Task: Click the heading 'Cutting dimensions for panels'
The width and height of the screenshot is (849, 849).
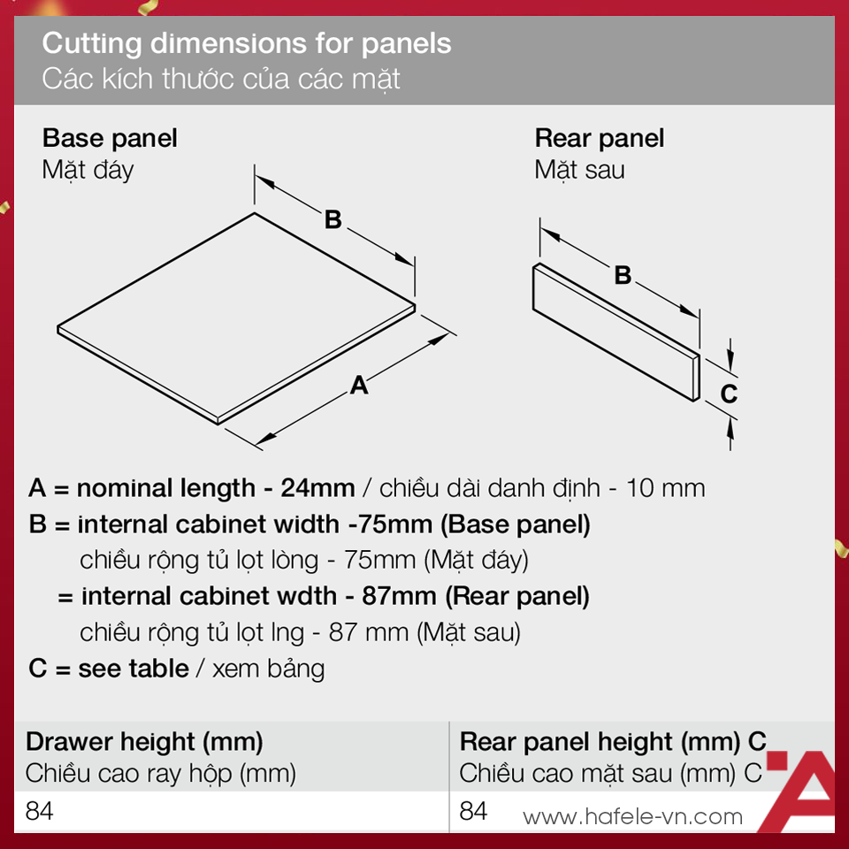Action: coord(247,44)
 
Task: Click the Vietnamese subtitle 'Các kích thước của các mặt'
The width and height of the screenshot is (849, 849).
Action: coord(221,79)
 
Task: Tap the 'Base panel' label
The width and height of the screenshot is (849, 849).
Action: coord(110,138)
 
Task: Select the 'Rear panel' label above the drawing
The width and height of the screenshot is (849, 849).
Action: coord(600,138)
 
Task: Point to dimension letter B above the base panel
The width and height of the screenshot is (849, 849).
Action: coord(333,220)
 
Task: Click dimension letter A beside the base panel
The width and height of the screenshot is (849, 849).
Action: coord(359,386)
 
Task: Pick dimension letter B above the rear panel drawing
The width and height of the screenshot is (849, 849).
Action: coord(623,275)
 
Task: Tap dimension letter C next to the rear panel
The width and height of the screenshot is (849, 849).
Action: coord(729,394)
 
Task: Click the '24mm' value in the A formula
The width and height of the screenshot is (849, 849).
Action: coord(317,488)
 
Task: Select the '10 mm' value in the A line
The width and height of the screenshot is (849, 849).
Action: coord(665,488)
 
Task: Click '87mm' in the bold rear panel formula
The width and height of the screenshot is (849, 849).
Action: coord(399,596)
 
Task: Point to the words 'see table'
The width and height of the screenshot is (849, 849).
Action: coord(134,669)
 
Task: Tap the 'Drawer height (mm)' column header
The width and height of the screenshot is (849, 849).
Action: coord(144,742)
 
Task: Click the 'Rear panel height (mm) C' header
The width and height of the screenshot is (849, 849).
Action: coord(613,742)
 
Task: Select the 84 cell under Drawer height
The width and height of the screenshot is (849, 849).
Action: coord(40,811)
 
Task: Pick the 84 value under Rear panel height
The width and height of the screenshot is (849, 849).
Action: coord(474,811)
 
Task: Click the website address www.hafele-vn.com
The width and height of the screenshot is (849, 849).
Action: coord(632,817)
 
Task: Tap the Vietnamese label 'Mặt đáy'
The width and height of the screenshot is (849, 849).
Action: coord(88,170)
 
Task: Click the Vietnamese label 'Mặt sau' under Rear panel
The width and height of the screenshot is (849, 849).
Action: coord(579,170)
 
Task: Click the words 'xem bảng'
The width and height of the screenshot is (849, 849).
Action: coord(269,669)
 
